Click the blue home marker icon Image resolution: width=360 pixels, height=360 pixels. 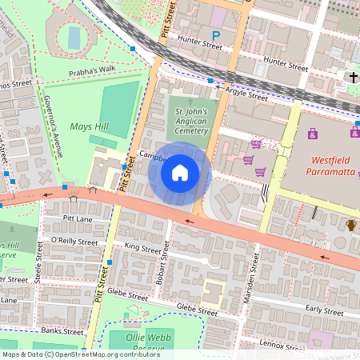point(180,172)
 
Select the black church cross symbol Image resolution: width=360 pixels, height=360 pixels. point(352,77)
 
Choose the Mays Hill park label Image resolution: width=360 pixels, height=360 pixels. point(89,126)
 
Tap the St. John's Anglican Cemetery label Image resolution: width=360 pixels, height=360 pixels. point(191,120)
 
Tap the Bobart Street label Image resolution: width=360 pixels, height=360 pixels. point(165,268)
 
